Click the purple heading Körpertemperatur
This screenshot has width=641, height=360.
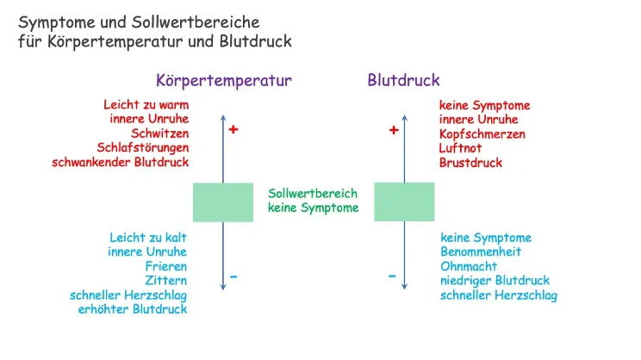pos(224,81)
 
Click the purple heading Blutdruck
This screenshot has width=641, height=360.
pos(403,81)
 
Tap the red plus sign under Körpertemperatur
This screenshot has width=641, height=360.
pos(233,130)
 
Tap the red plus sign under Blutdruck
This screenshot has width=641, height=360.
pos(394,131)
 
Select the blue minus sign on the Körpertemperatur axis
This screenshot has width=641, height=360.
pos(233,277)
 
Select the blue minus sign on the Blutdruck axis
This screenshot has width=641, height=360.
pos(392,276)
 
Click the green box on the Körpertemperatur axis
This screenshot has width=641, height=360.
pos(223,202)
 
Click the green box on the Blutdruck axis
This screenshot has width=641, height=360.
pos(404,202)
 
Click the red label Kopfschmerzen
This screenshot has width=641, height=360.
pos(482,134)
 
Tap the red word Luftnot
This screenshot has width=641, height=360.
pos(461,148)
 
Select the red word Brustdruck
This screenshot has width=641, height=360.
pos(470,162)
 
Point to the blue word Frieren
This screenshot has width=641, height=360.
pos(165,266)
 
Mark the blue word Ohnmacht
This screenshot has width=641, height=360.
pos(469,266)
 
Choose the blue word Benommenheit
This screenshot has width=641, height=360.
pos(481,252)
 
